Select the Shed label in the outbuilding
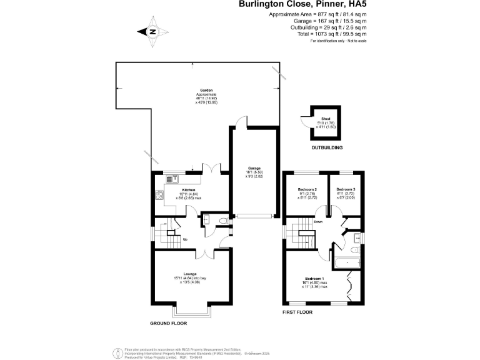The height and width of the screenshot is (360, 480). pos(326,118)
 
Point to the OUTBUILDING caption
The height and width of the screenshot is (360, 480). pos(327,148)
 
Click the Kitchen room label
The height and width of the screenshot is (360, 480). pos(188,189)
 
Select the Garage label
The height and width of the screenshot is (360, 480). pos(254,169)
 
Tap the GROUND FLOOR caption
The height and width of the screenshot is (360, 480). pos(168,324)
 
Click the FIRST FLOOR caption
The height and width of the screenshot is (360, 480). pos(297,312)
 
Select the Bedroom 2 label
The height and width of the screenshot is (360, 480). pos(307,189)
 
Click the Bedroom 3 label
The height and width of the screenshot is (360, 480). pos(346,189)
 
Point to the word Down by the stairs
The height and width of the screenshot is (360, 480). pos(318,222)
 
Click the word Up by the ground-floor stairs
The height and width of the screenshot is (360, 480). pos(184,239)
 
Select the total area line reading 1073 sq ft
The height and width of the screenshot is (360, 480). pos(328,34)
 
